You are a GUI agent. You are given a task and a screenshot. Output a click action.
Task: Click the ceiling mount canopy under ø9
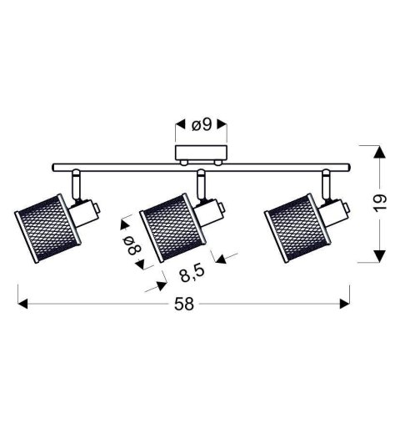(x=199, y=156)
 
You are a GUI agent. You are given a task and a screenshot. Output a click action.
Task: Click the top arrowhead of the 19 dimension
(x=378, y=153)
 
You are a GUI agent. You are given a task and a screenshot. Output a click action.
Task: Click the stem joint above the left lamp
(x=75, y=183)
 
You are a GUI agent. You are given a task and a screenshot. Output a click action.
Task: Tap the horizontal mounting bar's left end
(x=55, y=166)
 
